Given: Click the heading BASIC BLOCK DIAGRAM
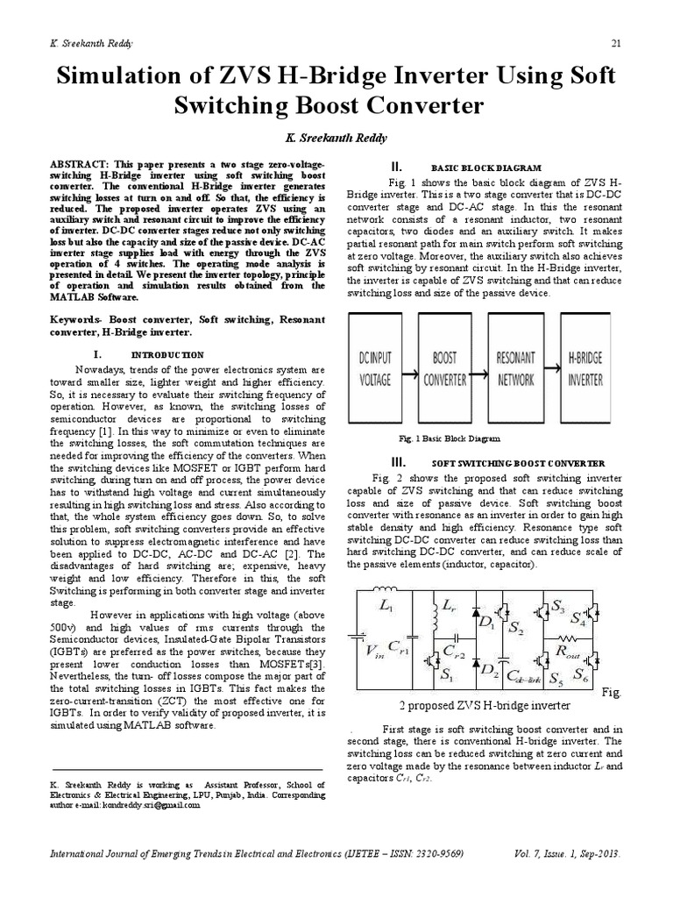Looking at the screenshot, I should tap(486, 167).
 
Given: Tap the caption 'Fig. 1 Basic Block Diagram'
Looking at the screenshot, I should tap(448, 438).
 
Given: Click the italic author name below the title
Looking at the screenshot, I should tap(336, 139).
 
